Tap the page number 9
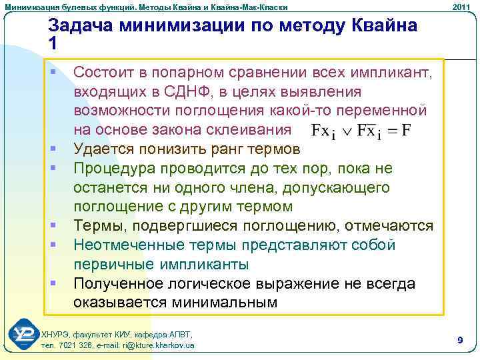[460, 340]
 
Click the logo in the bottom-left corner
[23, 335]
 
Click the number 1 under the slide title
[53, 43]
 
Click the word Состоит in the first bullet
[105, 71]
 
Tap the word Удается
[105, 148]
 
